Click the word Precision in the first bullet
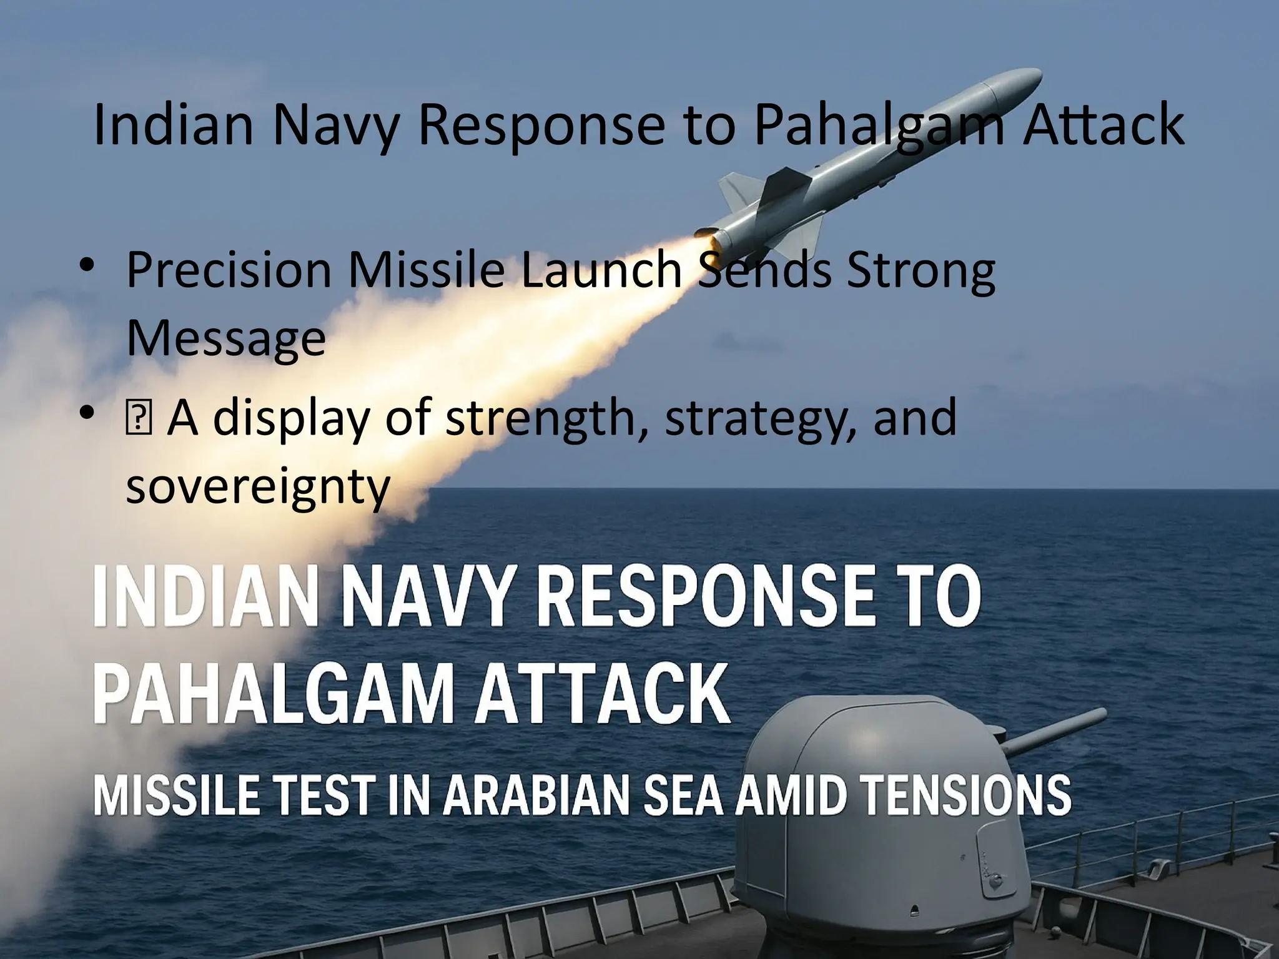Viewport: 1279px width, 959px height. tap(229, 270)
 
